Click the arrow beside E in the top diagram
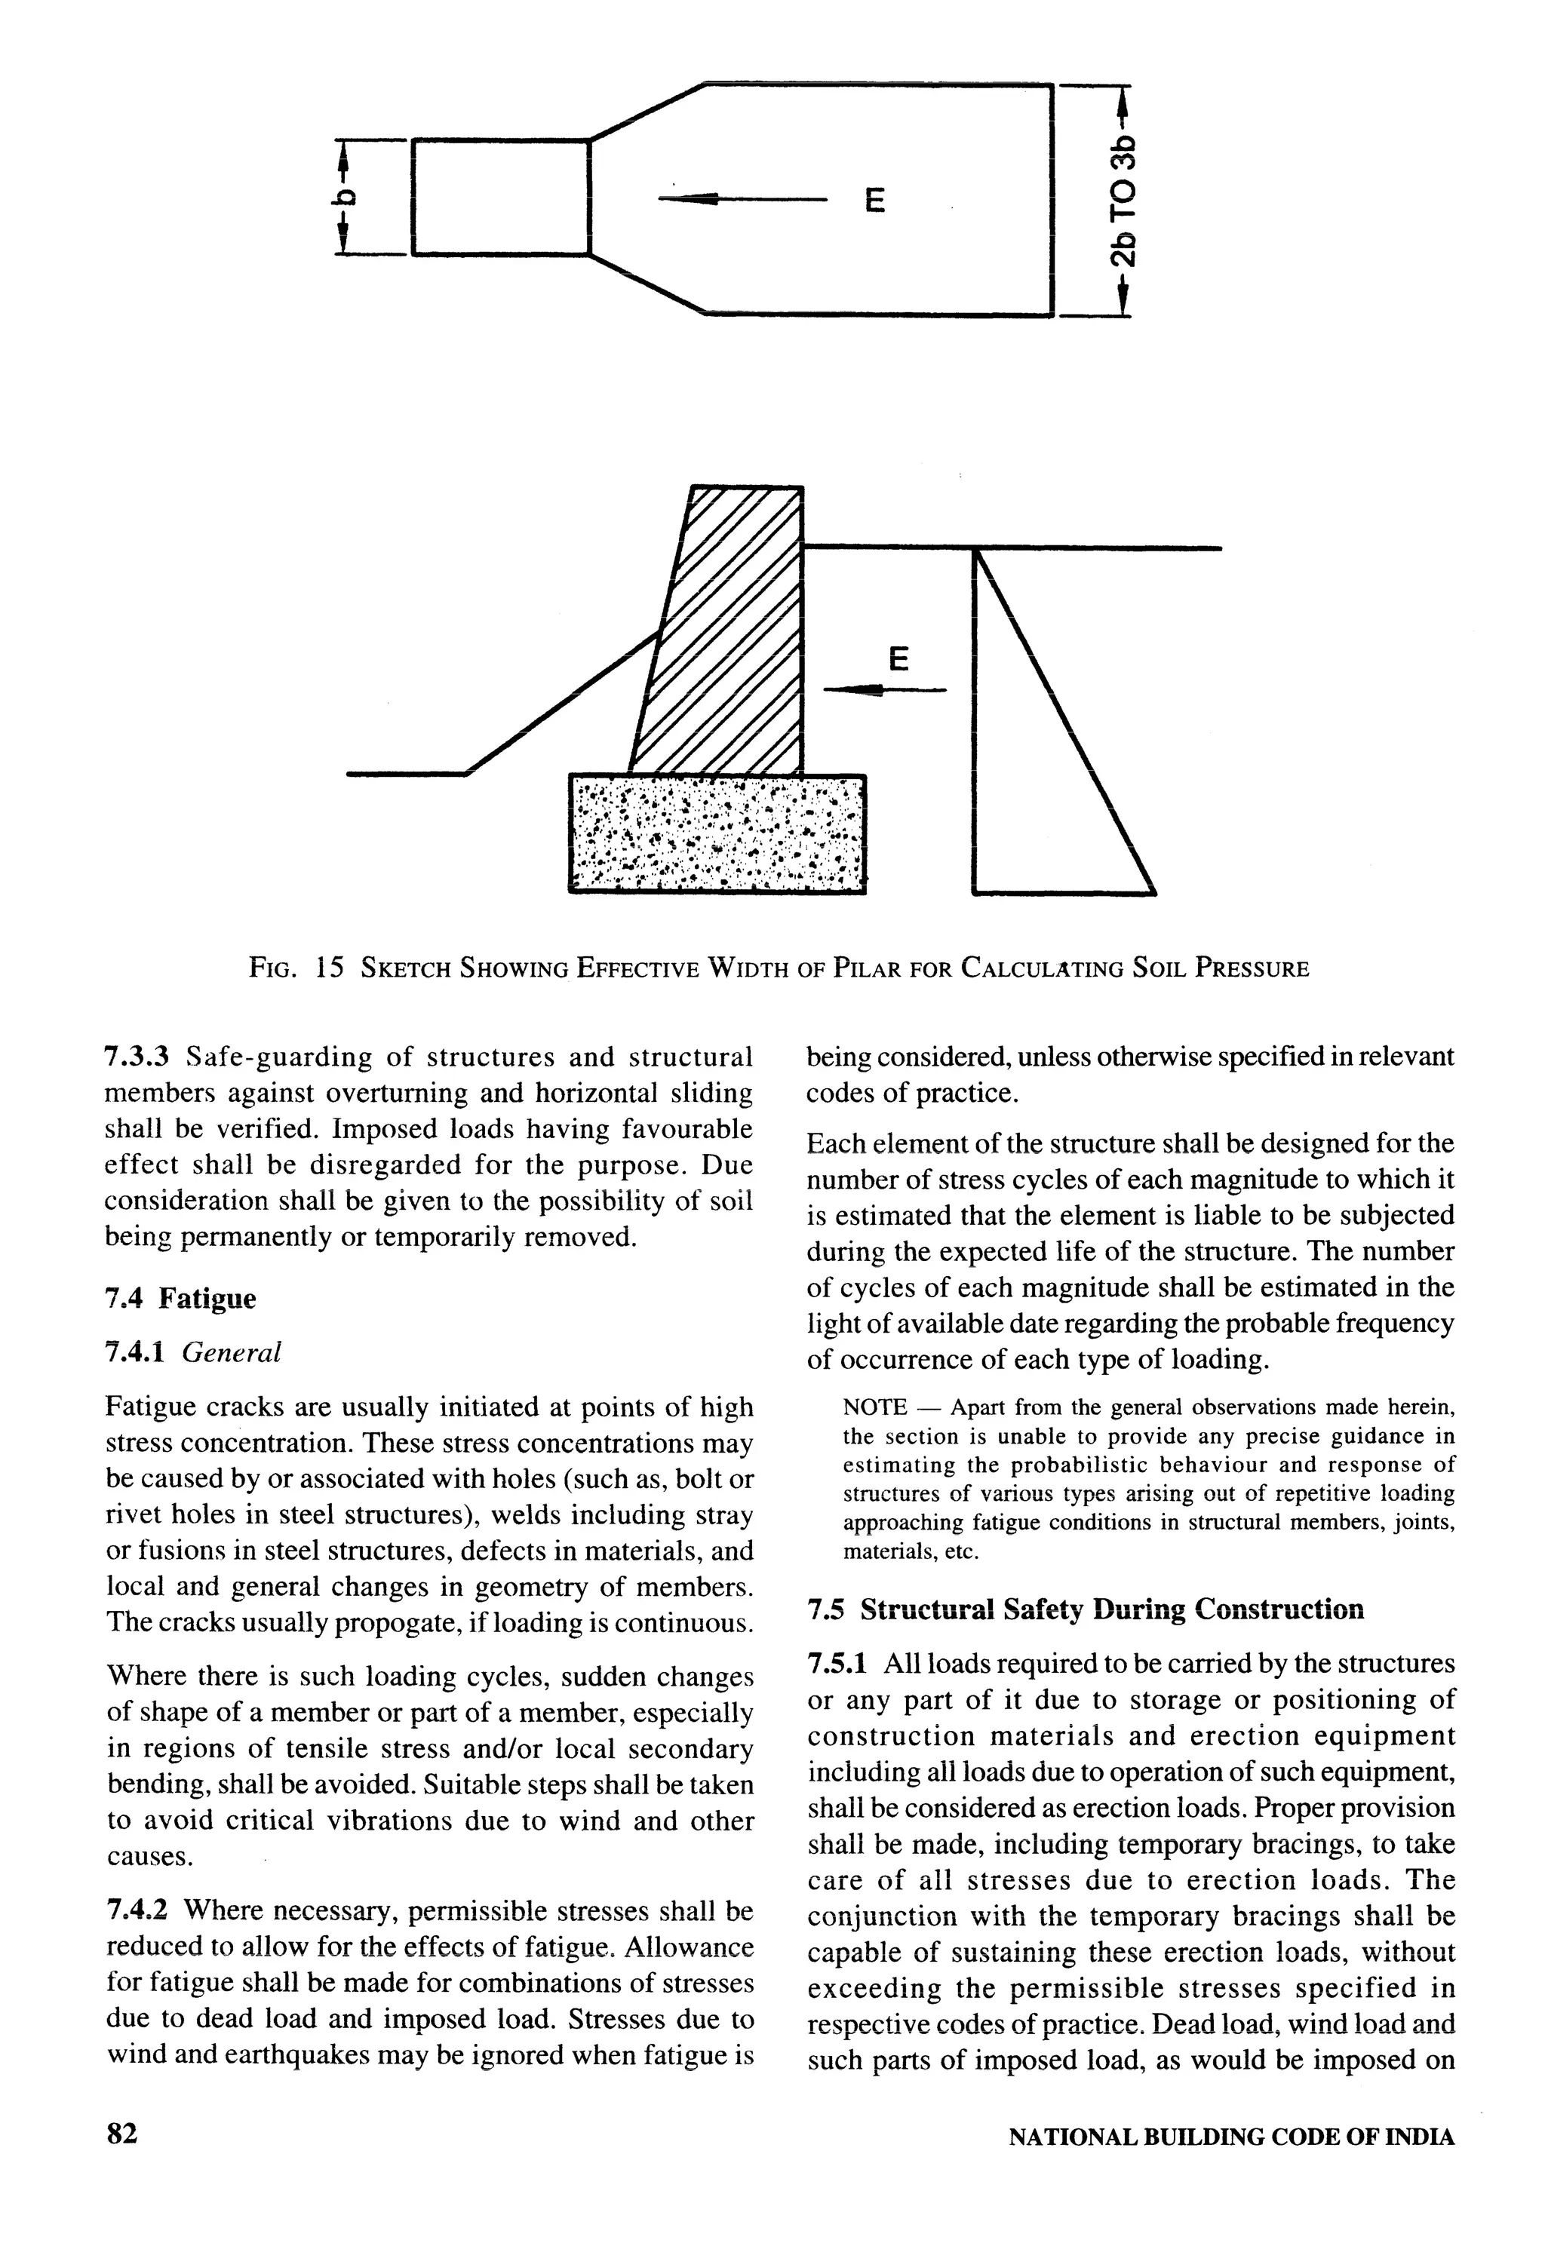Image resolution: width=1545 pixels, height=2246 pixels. coord(741,199)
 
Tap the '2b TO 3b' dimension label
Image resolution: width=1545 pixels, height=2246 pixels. coord(1122,202)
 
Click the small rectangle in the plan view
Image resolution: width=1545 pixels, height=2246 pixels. coord(500,198)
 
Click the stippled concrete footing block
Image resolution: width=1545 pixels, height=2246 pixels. coord(717,833)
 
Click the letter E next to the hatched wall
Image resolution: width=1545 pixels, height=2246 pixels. coord(898,660)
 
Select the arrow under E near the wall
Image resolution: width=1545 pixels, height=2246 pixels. coord(883,690)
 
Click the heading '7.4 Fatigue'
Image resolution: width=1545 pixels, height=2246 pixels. coord(180,1298)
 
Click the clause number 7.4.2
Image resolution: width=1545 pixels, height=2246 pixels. coord(137,1910)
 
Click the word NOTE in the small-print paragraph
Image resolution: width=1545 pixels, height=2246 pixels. coord(875,1407)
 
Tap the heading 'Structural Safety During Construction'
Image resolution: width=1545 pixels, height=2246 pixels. coord(1111,1609)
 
